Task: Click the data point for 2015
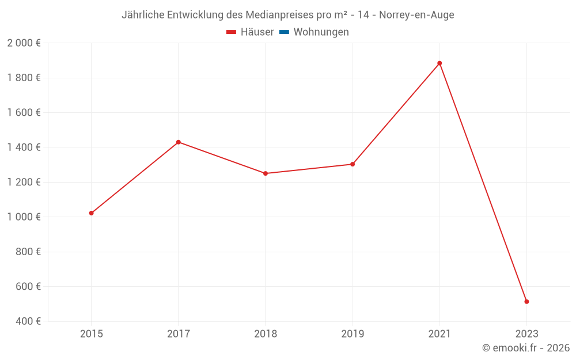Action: (91, 213)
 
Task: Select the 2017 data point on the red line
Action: (179, 142)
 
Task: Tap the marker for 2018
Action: (266, 173)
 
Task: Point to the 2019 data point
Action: (353, 164)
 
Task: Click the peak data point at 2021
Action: (439, 63)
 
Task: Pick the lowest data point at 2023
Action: (526, 302)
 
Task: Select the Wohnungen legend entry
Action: (321, 32)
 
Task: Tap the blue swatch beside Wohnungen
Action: (284, 32)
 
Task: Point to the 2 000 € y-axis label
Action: (24, 43)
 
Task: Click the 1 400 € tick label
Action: (24, 147)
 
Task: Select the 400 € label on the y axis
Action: (27, 321)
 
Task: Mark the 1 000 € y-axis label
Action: (24, 217)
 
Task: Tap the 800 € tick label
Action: (27, 252)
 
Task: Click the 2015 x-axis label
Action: (91, 334)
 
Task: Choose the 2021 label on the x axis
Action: (439, 334)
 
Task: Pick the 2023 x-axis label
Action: (526, 334)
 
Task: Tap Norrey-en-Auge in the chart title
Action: (416, 15)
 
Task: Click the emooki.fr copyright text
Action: (526, 348)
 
